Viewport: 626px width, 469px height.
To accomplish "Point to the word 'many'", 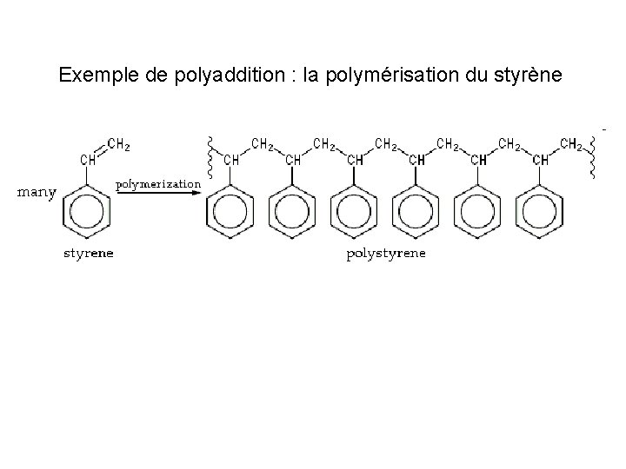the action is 37,192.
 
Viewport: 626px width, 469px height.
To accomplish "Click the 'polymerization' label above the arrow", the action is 158,184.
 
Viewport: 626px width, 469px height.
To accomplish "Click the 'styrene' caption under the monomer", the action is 89,254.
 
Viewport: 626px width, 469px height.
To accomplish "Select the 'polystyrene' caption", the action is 386,254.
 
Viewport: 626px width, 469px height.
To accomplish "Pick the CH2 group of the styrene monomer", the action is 119,144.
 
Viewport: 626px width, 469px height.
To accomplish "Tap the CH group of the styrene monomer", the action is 88,160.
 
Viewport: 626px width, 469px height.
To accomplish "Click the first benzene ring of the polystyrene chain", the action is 231,211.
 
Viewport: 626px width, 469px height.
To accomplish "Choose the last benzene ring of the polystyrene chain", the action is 540,211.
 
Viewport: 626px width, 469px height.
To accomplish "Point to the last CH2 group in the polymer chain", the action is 572,144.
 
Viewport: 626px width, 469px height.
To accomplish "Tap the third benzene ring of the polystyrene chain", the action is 355,211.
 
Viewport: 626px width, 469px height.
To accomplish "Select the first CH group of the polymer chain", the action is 231,160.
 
